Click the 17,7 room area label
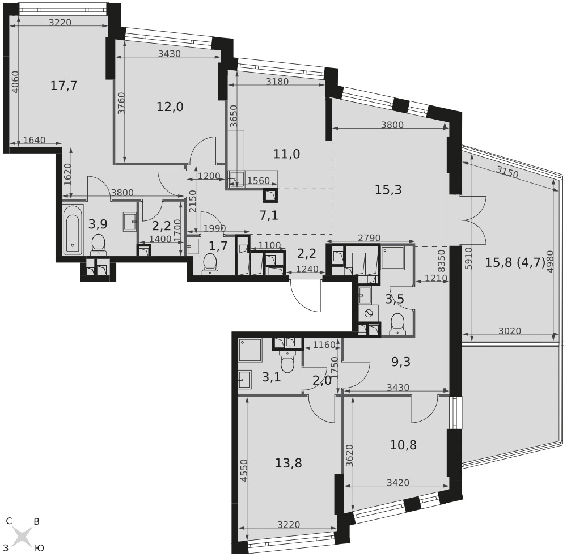click(64, 86)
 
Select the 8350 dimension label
click(441, 261)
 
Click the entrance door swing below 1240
click(306, 295)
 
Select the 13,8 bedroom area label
click(288, 463)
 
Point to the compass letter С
click(9, 521)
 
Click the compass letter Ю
click(39, 548)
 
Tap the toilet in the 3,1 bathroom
click(288, 363)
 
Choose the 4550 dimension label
click(243, 470)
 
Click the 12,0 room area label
click(170, 107)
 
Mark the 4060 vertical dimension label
click(15, 82)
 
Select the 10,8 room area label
click(403, 445)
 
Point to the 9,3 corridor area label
click(401, 362)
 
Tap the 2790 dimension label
click(369, 238)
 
